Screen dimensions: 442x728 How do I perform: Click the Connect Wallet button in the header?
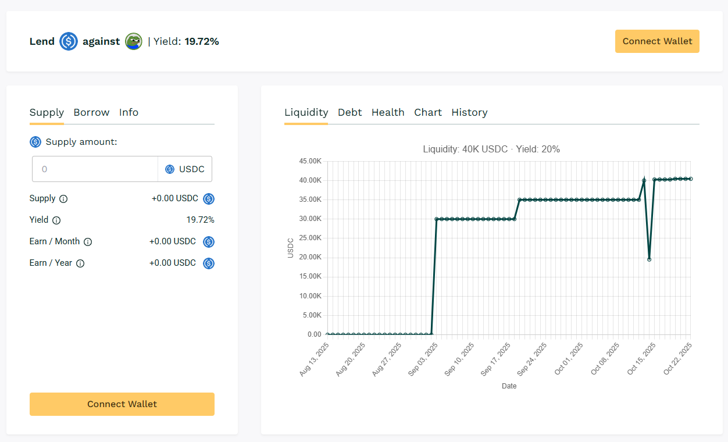click(x=657, y=41)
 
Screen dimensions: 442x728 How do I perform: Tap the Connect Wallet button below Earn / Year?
click(x=122, y=404)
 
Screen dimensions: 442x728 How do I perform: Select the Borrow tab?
click(x=91, y=112)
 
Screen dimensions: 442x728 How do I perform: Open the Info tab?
click(x=129, y=112)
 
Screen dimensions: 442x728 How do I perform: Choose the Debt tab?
click(x=349, y=112)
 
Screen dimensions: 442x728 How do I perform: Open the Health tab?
click(x=388, y=112)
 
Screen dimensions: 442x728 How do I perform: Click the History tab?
click(x=469, y=112)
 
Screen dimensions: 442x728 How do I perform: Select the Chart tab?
click(x=428, y=112)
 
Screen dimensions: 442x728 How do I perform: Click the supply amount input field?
click(x=95, y=169)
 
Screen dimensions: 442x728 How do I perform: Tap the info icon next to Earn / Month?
click(x=88, y=242)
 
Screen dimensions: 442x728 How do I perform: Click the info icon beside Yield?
click(x=56, y=220)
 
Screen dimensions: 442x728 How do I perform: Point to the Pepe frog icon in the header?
click(x=134, y=41)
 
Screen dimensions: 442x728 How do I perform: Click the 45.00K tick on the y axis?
click(x=310, y=161)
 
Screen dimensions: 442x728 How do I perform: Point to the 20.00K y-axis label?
click(x=310, y=257)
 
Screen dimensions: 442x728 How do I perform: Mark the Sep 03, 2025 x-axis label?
click(x=423, y=359)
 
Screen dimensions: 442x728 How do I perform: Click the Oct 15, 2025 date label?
click(x=641, y=359)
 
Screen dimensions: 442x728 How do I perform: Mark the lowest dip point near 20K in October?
click(x=649, y=259)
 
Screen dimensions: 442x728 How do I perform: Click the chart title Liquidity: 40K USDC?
click(x=491, y=149)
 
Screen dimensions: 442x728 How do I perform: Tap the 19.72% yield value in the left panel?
click(x=200, y=220)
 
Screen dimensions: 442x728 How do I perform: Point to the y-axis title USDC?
click(x=291, y=248)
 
